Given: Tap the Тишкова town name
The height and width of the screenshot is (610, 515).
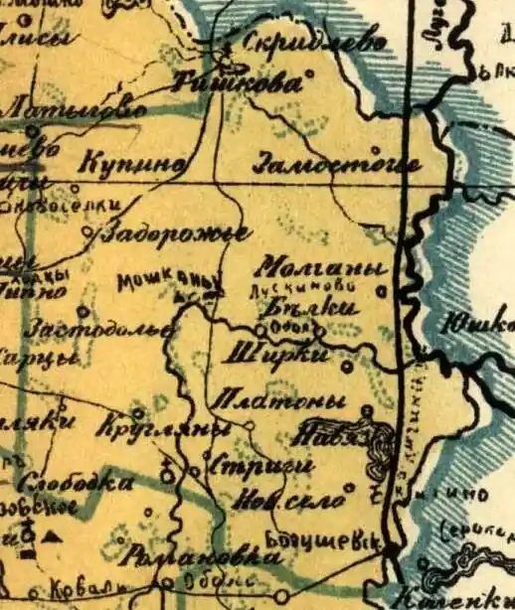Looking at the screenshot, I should (236, 83).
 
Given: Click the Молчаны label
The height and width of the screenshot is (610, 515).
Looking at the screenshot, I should (320, 268).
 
